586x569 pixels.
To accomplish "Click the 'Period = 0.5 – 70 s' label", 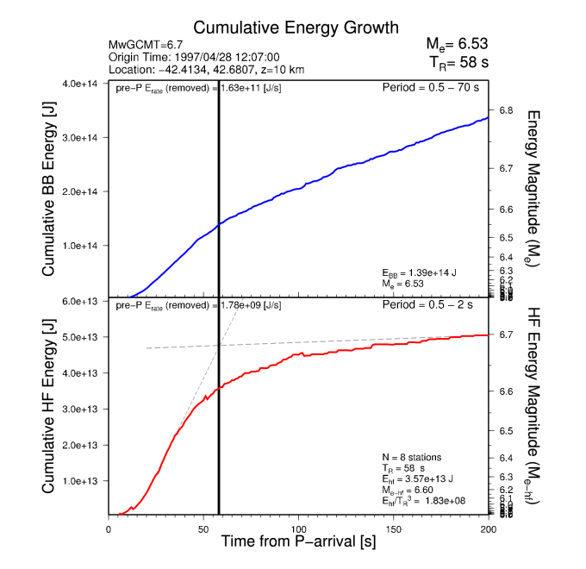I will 430,88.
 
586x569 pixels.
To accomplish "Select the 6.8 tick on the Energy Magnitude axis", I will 507,110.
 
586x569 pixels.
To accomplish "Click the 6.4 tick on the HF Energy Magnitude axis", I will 507,457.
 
